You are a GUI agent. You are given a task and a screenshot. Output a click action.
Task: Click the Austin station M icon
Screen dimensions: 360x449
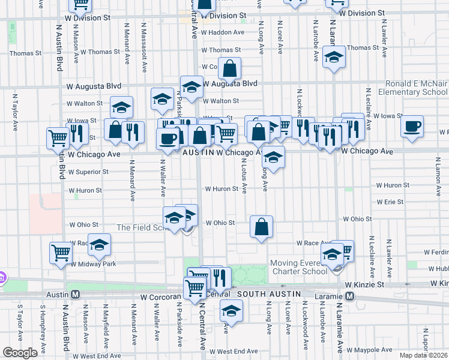pyautogui.click(x=76, y=295)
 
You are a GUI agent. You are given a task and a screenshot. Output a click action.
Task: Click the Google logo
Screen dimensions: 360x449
pyautogui.click(x=20, y=353)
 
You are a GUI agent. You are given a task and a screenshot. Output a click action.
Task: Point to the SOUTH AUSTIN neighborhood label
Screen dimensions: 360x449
pyautogui.click(x=269, y=294)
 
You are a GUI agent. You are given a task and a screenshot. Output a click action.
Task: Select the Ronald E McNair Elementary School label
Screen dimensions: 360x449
pyautogui.click(x=408, y=88)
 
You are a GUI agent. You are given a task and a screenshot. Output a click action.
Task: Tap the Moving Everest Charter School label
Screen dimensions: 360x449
pyautogui.click(x=299, y=267)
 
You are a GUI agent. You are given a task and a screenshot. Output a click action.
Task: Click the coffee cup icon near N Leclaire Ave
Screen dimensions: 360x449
pyautogui.click(x=412, y=127)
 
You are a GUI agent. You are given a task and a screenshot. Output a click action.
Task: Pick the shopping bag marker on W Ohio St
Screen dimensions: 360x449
pyautogui.click(x=261, y=227)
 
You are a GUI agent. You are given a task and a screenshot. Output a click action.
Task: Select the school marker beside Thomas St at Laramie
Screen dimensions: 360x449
pyautogui.click(x=334, y=58)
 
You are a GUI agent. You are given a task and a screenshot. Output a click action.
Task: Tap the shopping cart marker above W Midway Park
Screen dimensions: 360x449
pyautogui.click(x=61, y=253)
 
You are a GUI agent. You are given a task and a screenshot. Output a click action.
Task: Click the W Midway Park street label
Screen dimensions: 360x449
pyautogui.click(x=93, y=263)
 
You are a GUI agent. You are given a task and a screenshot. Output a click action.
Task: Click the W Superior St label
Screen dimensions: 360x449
pyautogui.click(x=88, y=172)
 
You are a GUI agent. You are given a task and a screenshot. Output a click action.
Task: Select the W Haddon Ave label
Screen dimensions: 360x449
pyautogui.click(x=223, y=32)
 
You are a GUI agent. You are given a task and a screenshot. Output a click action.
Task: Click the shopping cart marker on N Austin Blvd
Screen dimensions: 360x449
pyautogui.click(x=58, y=137)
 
